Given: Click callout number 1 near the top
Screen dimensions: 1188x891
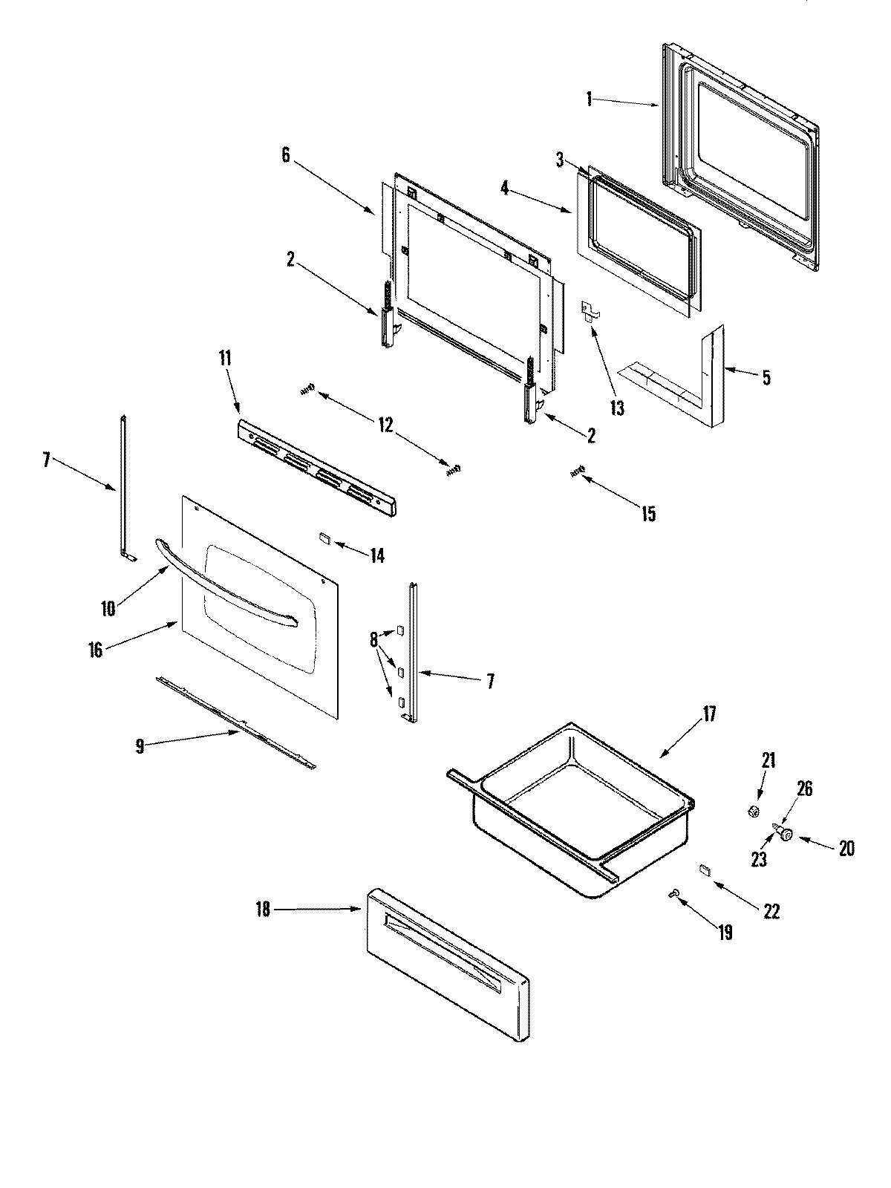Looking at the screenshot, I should tap(589, 98).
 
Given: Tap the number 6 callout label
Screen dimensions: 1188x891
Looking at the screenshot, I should tap(287, 155).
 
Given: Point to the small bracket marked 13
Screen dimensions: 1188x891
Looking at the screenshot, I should tap(590, 310).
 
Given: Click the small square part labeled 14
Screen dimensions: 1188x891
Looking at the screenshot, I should tap(324, 538).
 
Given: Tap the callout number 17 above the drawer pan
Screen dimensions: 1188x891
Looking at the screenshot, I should tap(709, 714).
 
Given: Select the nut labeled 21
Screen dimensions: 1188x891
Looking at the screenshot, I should tap(754, 812).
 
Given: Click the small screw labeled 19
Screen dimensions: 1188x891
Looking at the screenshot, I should tap(674, 898).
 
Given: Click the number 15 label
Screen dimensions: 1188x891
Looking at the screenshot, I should tap(648, 514).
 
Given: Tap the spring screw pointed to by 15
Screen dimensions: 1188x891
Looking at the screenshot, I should tap(577, 471).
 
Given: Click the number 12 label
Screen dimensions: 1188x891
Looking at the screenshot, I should tap(385, 425).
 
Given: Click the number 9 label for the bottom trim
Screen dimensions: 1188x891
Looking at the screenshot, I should tap(140, 746).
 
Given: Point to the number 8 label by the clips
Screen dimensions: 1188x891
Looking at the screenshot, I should tap(373, 639).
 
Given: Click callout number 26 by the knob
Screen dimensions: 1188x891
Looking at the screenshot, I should tap(804, 789).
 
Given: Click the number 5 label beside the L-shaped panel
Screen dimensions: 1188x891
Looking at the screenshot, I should tap(765, 377).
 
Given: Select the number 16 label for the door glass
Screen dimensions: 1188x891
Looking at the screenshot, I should tap(95, 651).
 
